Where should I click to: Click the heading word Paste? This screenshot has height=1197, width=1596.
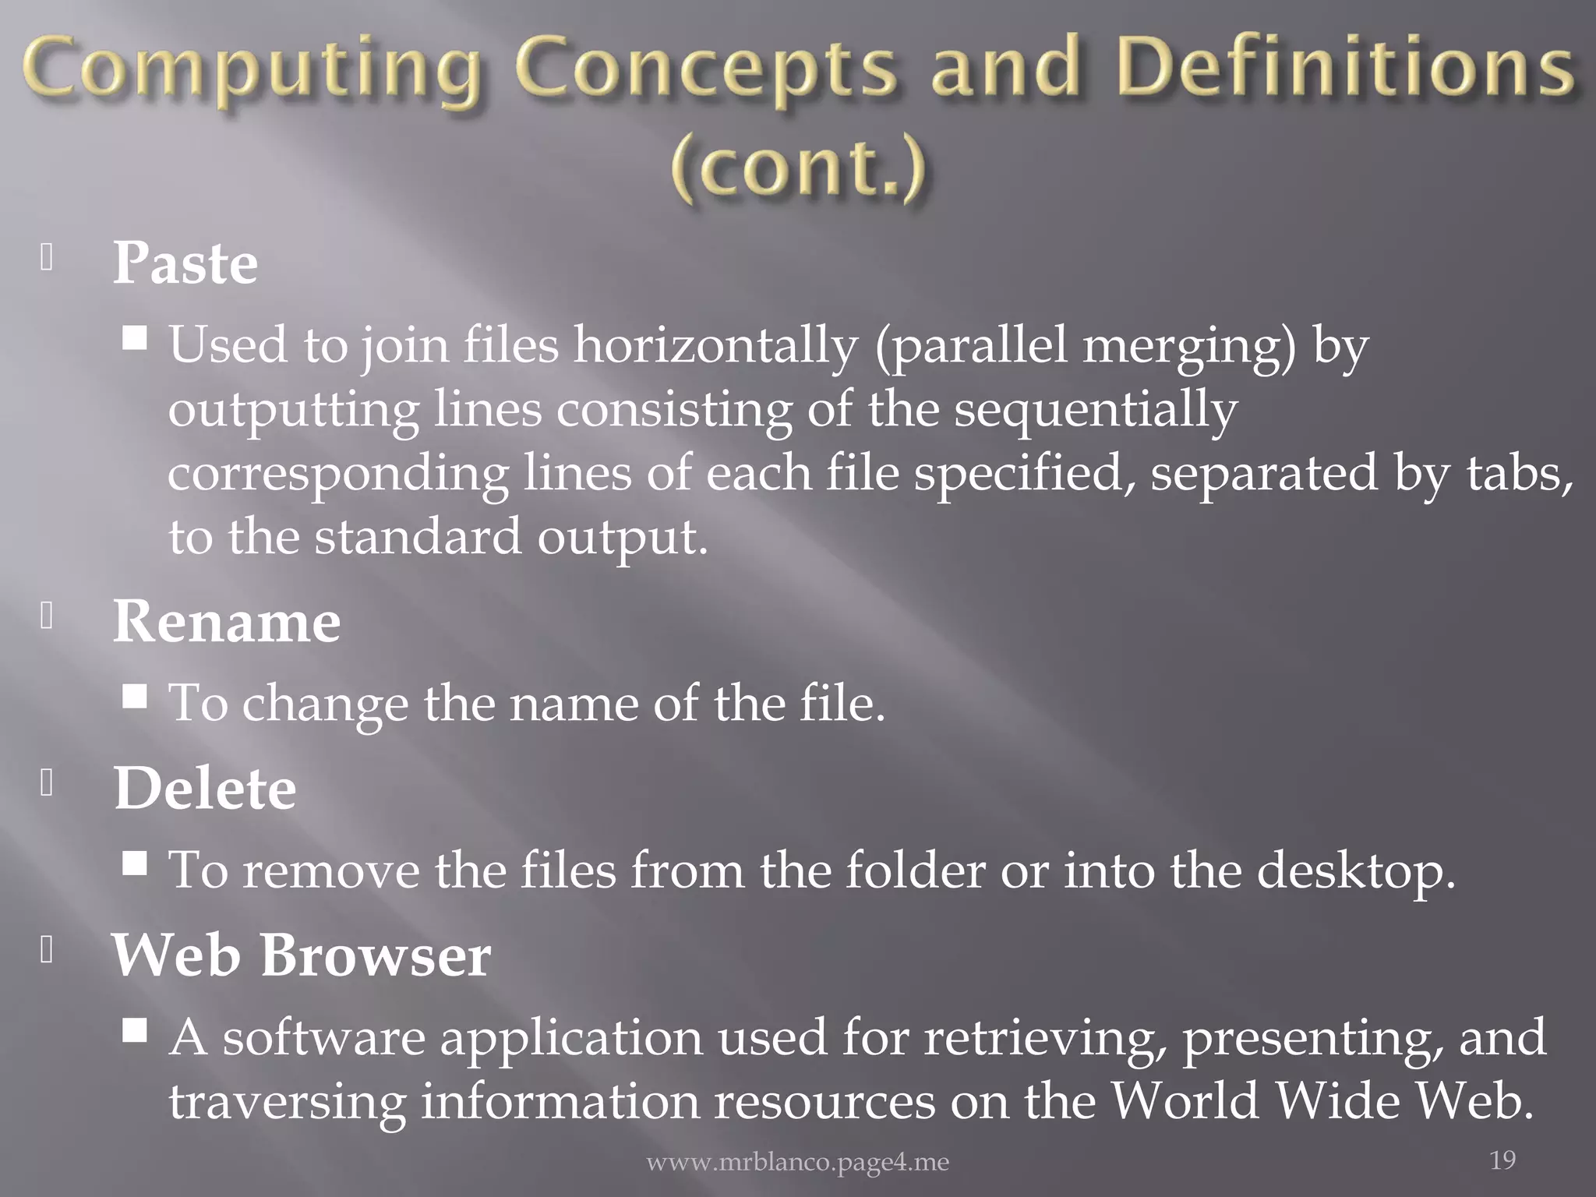point(185,263)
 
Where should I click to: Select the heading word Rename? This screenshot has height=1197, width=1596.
point(227,622)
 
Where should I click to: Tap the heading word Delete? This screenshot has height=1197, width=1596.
point(205,789)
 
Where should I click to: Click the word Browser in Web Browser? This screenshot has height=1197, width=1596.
point(376,955)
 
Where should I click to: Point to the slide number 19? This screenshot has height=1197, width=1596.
point(1502,1160)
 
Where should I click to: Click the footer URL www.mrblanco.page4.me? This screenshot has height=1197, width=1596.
point(798,1163)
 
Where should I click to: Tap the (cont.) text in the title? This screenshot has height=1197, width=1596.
point(798,168)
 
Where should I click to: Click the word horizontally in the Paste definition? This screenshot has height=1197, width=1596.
point(715,344)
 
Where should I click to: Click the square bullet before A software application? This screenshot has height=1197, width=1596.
point(136,1030)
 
